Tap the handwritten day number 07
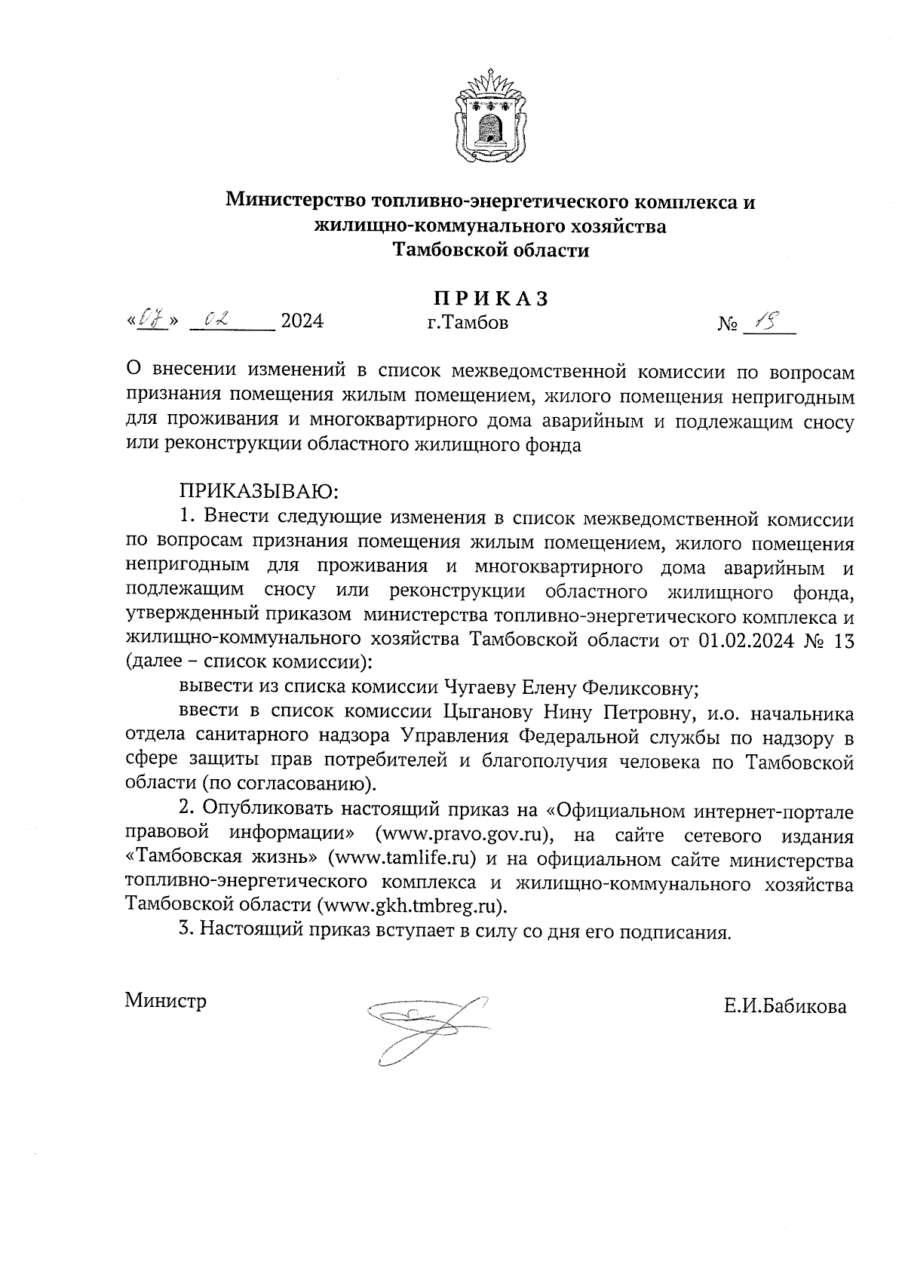(154, 321)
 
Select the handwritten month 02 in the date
(214, 321)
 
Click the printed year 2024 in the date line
(302, 322)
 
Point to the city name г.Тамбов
(468, 324)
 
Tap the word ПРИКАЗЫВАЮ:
(260, 493)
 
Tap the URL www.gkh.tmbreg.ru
(411, 906)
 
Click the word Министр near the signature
(166, 1002)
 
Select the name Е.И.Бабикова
(784, 1007)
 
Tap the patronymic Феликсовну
(640, 688)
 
